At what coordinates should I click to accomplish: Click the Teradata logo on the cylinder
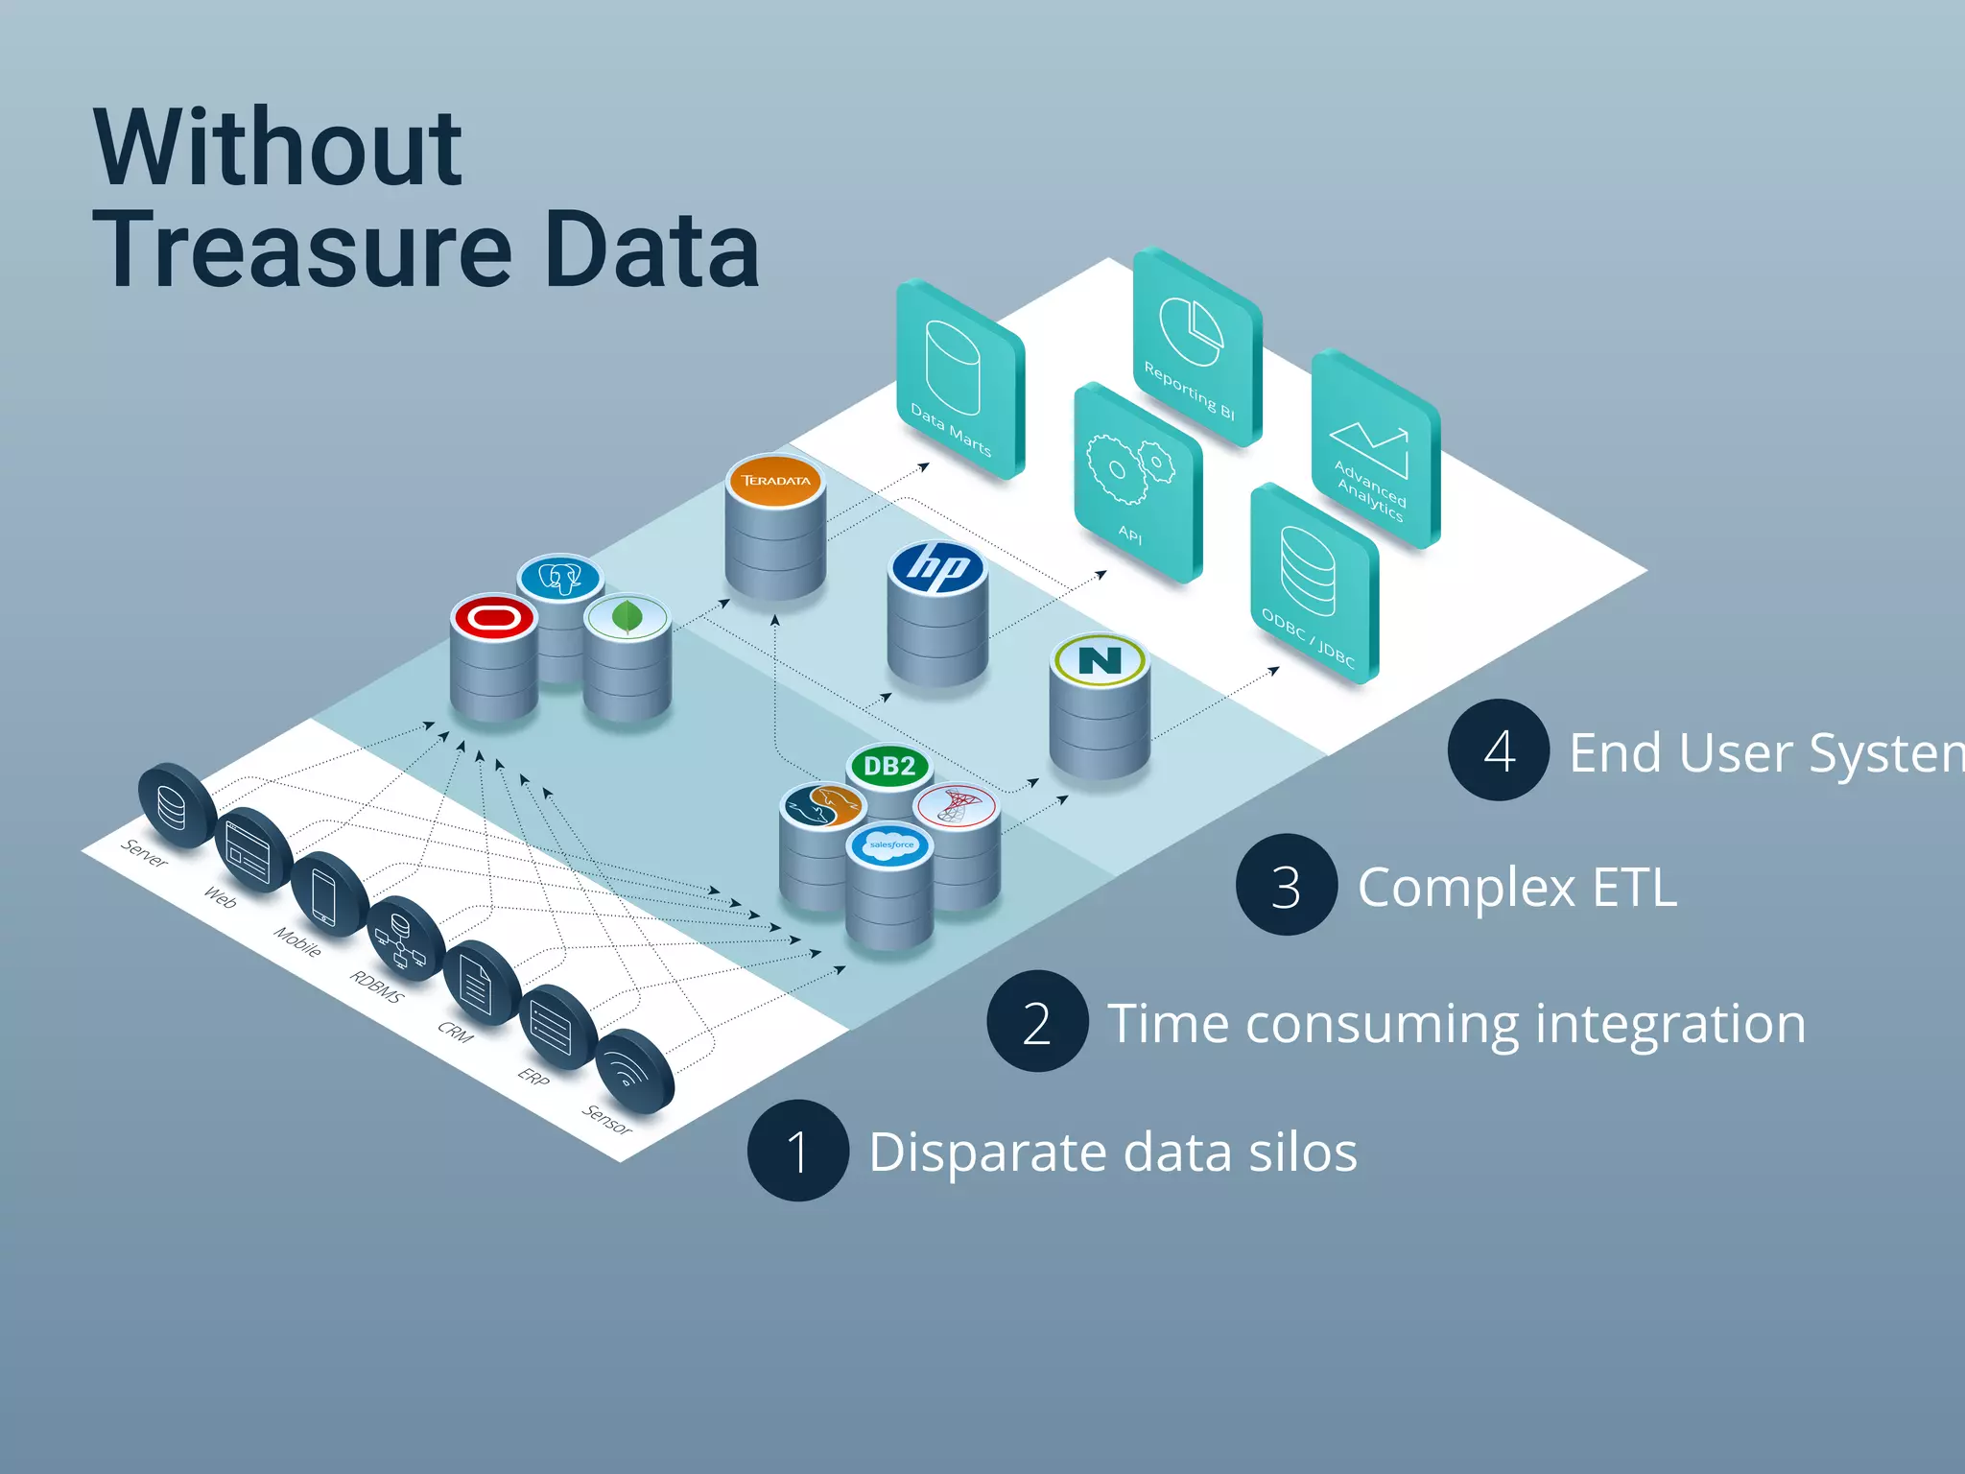pos(775,480)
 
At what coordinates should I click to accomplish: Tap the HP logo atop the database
pos(937,567)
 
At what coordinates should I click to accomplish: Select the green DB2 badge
pos(889,766)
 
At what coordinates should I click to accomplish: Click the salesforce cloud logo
pos(890,845)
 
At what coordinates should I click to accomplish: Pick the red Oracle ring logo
pos(494,617)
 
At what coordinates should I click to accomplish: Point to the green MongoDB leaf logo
pos(627,617)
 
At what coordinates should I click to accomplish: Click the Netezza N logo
pos(1100,660)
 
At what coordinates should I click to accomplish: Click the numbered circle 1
pos(797,1151)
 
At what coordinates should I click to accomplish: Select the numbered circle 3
pos(1286,885)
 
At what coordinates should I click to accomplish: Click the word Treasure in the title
pos(302,251)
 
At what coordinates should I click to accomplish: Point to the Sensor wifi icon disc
pos(634,1071)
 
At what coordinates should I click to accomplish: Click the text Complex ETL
pos(1517,887)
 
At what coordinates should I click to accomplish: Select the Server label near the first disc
pos(145,852)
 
